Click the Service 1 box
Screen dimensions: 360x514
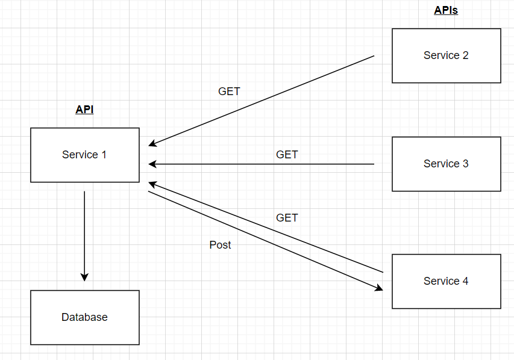click(x=84, y=155)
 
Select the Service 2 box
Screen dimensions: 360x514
click(x=446, y=55)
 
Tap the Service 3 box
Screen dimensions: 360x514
click(x=446, y=164)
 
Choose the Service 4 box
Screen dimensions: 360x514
click(x=446, y=281)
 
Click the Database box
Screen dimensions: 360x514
click(x=84, y=317)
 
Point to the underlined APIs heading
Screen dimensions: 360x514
click(x=446, y=10)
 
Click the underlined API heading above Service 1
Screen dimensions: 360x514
click(x=84, y=110)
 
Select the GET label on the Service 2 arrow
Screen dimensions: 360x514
click(x=229, y=92)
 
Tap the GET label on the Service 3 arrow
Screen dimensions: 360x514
click(x=287, y=155)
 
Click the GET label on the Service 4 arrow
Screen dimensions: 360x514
click(x=287, y=218)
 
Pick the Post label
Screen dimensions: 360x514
click(x=220, y=245)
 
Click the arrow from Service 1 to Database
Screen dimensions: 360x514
click(x=84, y=235)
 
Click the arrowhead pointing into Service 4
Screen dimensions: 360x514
click(x=379, y=288)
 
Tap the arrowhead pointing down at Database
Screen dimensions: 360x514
click(x=84, y=277)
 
